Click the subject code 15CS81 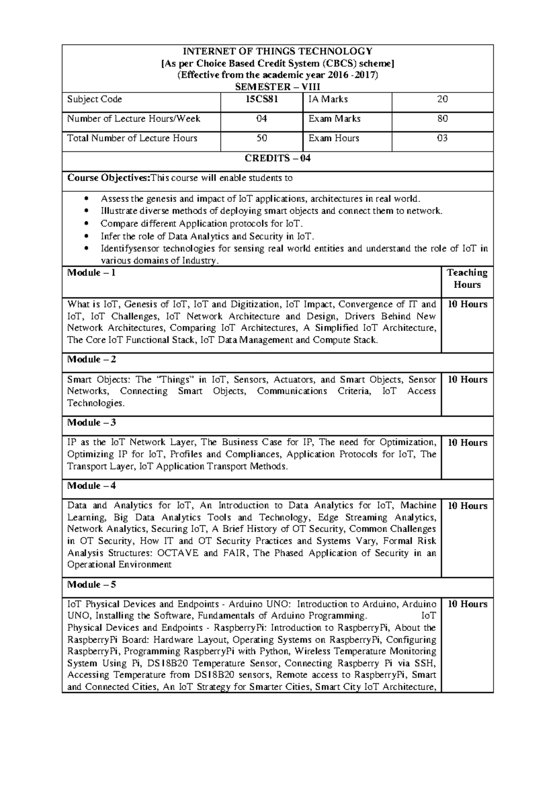pos(261,99)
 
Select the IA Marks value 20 pos(442,99)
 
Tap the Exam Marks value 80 pos(442,119)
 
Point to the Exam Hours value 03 pos(442,138)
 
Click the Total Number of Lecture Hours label pos(132,138)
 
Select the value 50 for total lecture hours pos(261,138)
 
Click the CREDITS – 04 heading pos(277,158)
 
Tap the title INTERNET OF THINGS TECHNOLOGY pos(277,51)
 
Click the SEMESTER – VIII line pos(277,87)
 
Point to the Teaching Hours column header pos(467,279)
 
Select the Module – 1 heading pos(92,273)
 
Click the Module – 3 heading pos(92,422)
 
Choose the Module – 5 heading pos(92,585)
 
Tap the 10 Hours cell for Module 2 pos(467,380)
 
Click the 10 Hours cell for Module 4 pos(467,506)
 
